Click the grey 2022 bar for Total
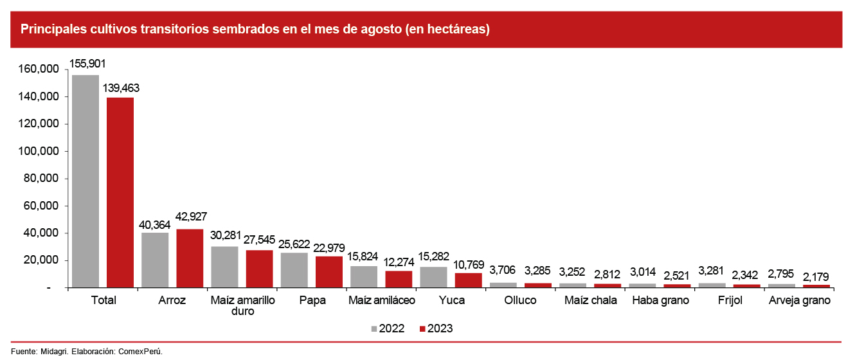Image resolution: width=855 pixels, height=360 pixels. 85,181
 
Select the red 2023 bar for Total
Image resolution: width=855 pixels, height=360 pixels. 120,192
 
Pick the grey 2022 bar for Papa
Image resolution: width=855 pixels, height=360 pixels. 294,270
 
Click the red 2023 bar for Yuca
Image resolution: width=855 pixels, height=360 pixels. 468,280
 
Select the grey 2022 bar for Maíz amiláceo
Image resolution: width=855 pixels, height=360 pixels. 364,277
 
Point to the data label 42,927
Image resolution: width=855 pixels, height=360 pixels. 190,217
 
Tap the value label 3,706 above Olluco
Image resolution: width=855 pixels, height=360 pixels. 503,269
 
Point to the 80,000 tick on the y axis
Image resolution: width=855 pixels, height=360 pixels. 41,179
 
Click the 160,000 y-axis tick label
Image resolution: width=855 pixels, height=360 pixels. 39,69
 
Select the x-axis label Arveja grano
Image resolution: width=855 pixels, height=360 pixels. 800,300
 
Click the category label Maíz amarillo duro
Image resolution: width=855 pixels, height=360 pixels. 242,305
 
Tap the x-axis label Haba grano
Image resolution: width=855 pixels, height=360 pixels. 660,300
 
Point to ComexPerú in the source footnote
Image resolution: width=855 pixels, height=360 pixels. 141,352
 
